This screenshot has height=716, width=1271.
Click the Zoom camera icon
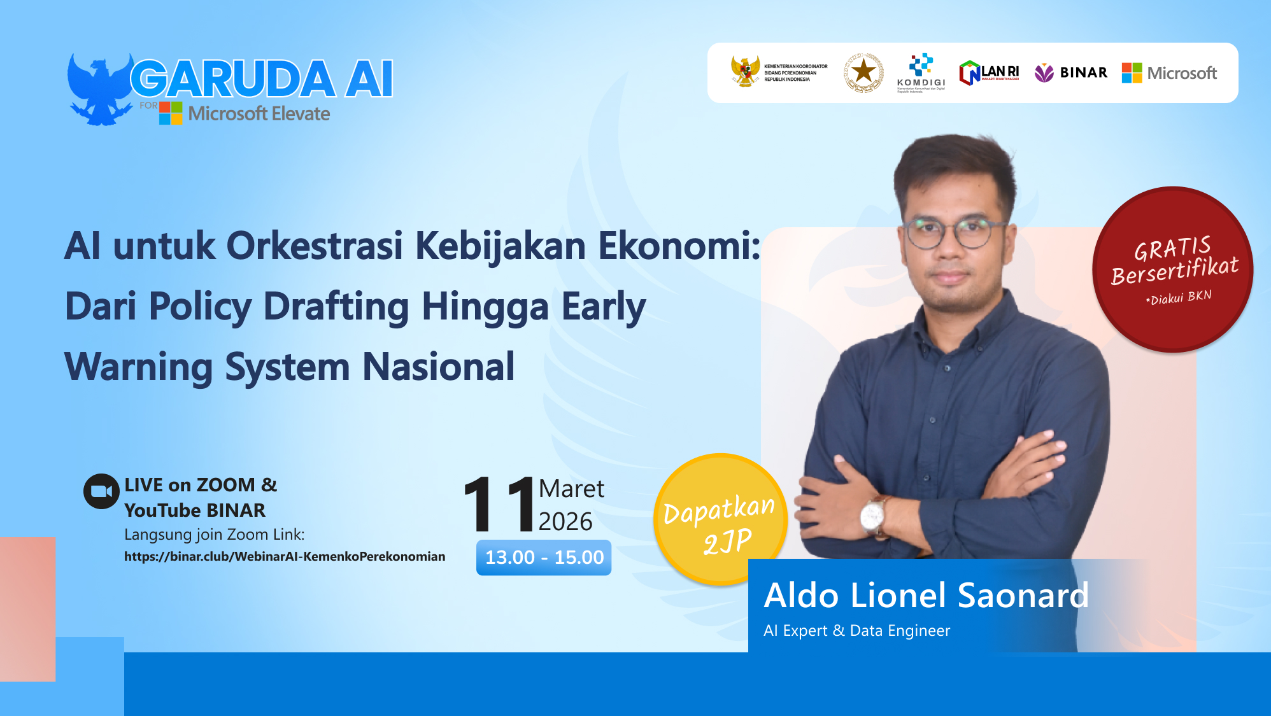[101, 491]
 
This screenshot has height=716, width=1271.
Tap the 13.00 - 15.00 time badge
[544, 558]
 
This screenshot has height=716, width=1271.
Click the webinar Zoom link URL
[285, 557]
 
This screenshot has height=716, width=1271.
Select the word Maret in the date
[571, 489]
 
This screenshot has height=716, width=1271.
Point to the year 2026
[565, 522]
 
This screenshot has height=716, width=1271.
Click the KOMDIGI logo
[921, 73]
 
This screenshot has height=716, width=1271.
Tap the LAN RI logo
[989, 73]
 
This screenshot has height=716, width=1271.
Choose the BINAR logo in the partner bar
[1071, 73]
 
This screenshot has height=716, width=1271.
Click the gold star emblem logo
[863, 73]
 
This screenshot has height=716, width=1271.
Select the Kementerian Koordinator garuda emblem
[745, 71]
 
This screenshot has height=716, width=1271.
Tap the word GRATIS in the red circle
[1172, 248]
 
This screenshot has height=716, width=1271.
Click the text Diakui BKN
[1179, 297]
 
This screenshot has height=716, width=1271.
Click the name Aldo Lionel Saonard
[926, 596]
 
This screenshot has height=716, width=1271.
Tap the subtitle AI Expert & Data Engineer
[856, 631]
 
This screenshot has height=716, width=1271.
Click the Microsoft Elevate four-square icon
[171, 113]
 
